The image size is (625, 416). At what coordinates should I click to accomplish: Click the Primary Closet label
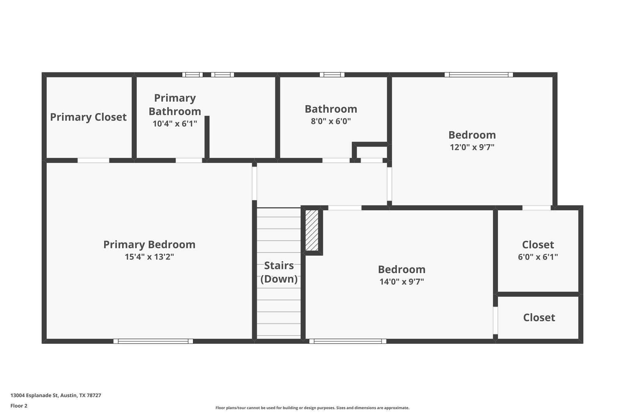[x=88, y=117]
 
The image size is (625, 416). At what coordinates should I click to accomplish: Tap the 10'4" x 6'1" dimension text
[x=175, y=124]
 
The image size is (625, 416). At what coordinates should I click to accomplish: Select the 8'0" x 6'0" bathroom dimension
[x=331, y=121]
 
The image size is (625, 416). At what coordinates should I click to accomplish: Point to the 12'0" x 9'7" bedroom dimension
[x=472, y=147]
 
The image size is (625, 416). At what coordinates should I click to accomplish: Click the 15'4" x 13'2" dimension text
[x=149, y=257]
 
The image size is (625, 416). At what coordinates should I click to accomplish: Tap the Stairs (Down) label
[x=279, y=272]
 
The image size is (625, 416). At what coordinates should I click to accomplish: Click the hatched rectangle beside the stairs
[x=312, y=230]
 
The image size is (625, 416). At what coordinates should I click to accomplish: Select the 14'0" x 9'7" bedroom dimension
[x=402, y=282]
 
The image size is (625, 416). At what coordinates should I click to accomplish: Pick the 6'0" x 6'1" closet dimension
[x=538, y=257]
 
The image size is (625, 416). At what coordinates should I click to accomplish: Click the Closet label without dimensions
[x=539, y=318]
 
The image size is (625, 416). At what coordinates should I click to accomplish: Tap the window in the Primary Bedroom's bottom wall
[x=153, y=341]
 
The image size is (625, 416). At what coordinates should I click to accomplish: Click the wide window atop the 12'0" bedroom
[x=479, y=75]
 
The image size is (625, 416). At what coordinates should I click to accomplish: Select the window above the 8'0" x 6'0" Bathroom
[x=332, y=75]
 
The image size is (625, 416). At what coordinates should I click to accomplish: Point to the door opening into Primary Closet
[x=93, y=160]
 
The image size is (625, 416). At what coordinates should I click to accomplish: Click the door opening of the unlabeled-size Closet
[x=496, y=320]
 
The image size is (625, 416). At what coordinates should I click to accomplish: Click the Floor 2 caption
[x=19, y=406]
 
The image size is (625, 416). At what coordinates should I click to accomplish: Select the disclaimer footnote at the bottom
[x=312, y=408]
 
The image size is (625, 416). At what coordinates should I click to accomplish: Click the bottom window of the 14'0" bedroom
[x=348, y=341]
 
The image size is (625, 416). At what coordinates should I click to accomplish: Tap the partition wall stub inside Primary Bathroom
[x=207, y=137]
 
